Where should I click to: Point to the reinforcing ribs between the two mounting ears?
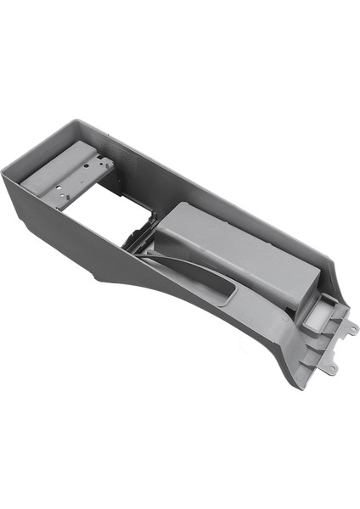[335, 344]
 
